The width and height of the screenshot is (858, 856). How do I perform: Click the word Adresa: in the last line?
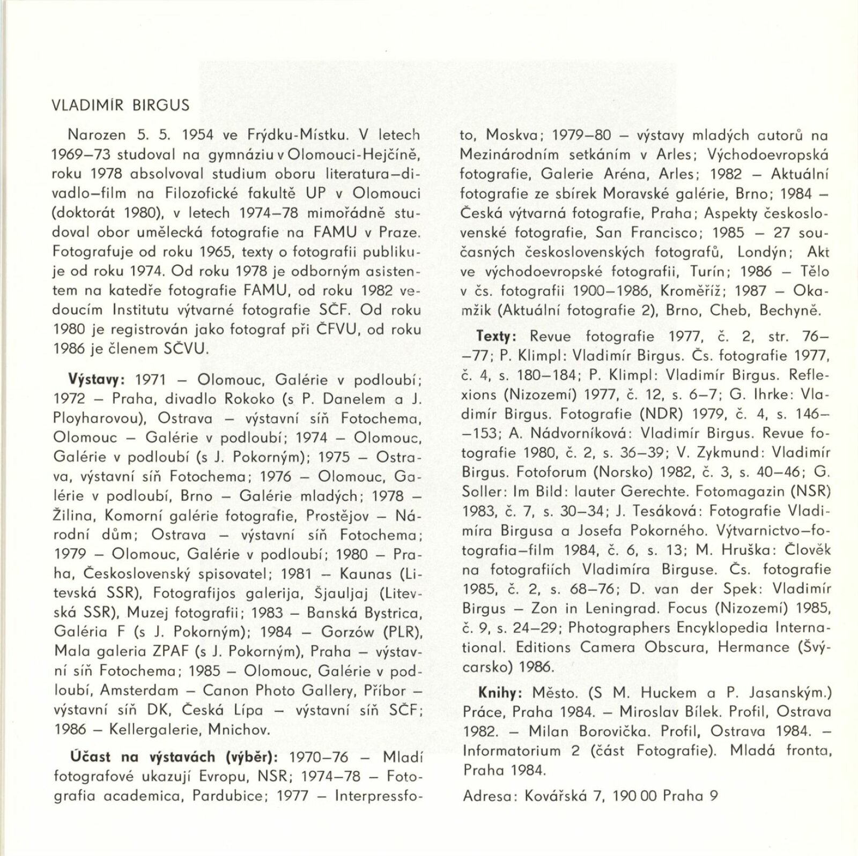(486, 795)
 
